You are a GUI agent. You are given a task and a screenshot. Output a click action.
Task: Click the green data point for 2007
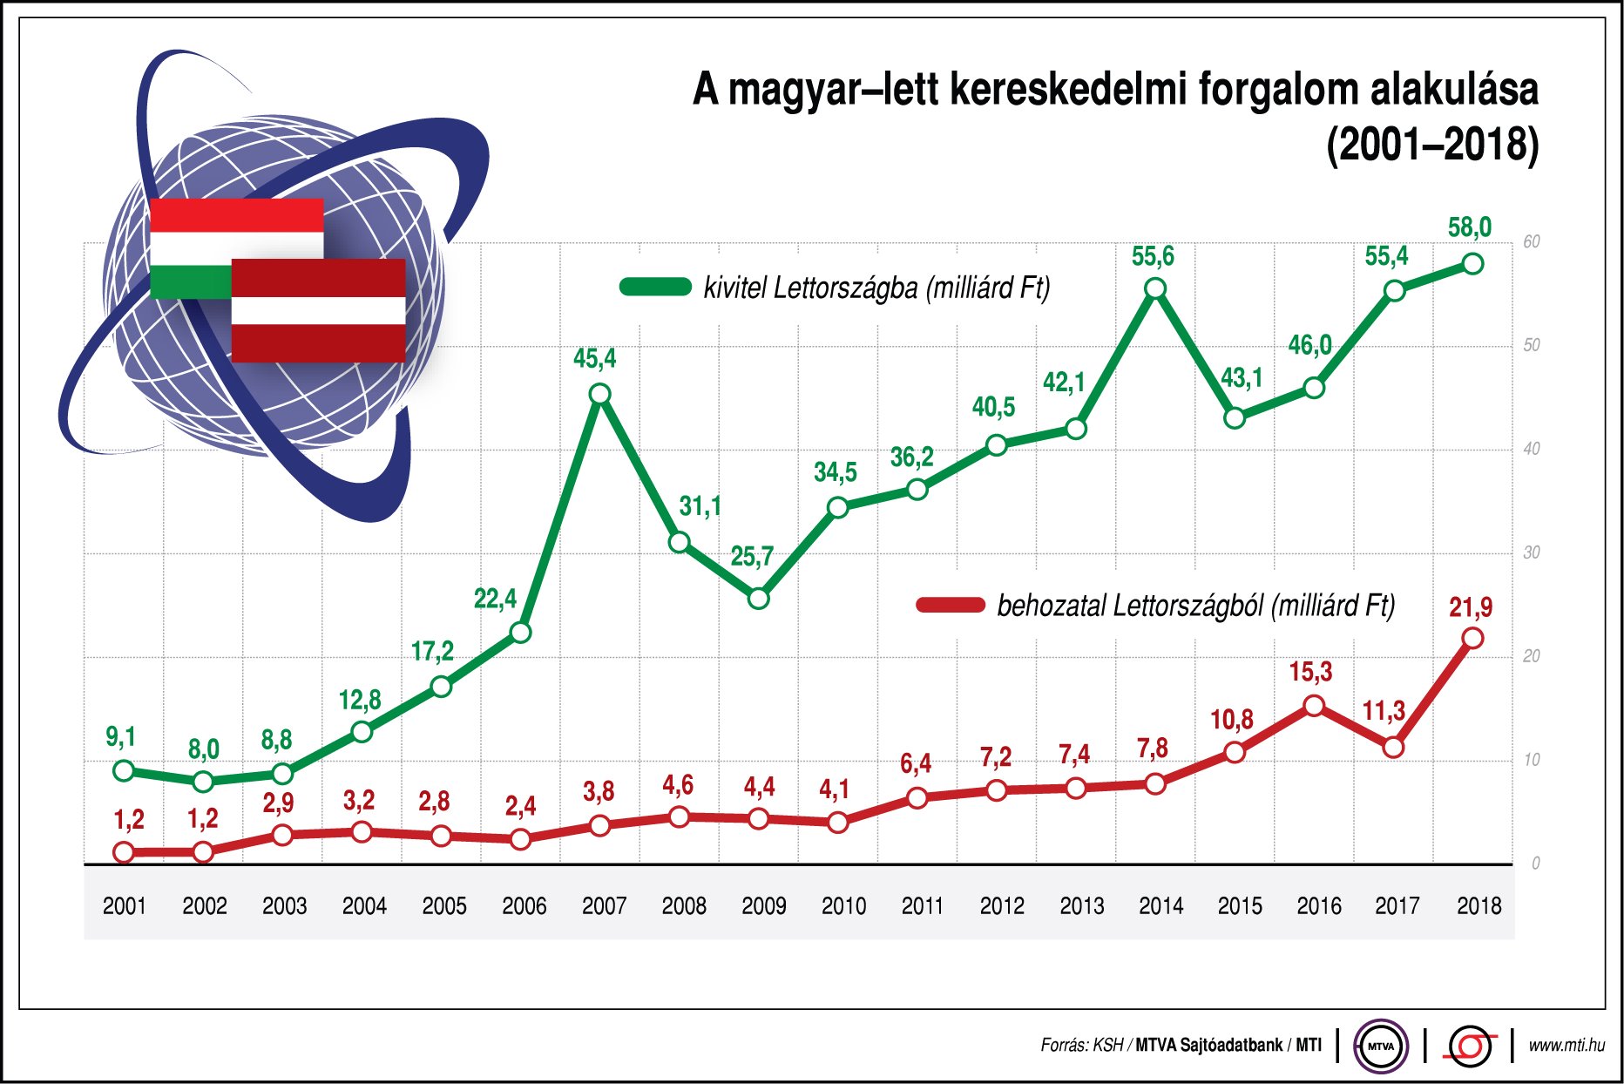599,394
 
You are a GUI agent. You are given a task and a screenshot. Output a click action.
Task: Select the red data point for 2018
1472,638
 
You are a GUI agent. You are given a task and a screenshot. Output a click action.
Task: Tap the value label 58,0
1469,227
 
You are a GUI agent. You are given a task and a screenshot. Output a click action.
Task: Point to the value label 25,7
751,556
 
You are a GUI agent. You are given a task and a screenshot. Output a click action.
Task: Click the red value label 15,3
1310,672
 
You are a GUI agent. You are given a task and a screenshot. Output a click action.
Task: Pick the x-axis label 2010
843,906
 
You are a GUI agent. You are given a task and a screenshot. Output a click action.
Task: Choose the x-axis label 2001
124,906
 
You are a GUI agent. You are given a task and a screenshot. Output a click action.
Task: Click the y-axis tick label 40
1531,449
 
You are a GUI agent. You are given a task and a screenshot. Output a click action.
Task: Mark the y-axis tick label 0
1534,864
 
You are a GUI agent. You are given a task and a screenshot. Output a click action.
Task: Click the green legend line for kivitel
655,287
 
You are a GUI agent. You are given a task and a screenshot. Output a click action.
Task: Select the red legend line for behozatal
950,605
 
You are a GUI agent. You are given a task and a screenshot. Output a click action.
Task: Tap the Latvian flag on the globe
318,310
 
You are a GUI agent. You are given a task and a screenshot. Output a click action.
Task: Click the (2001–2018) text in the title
1431,145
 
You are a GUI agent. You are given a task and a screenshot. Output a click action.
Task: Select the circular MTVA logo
1381,1045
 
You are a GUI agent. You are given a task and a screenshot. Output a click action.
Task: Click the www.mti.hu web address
1566,1045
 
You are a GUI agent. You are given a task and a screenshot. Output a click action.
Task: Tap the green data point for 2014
1154,288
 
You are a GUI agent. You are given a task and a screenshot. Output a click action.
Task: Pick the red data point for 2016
1314,706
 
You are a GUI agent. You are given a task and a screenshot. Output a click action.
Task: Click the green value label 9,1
120,737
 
